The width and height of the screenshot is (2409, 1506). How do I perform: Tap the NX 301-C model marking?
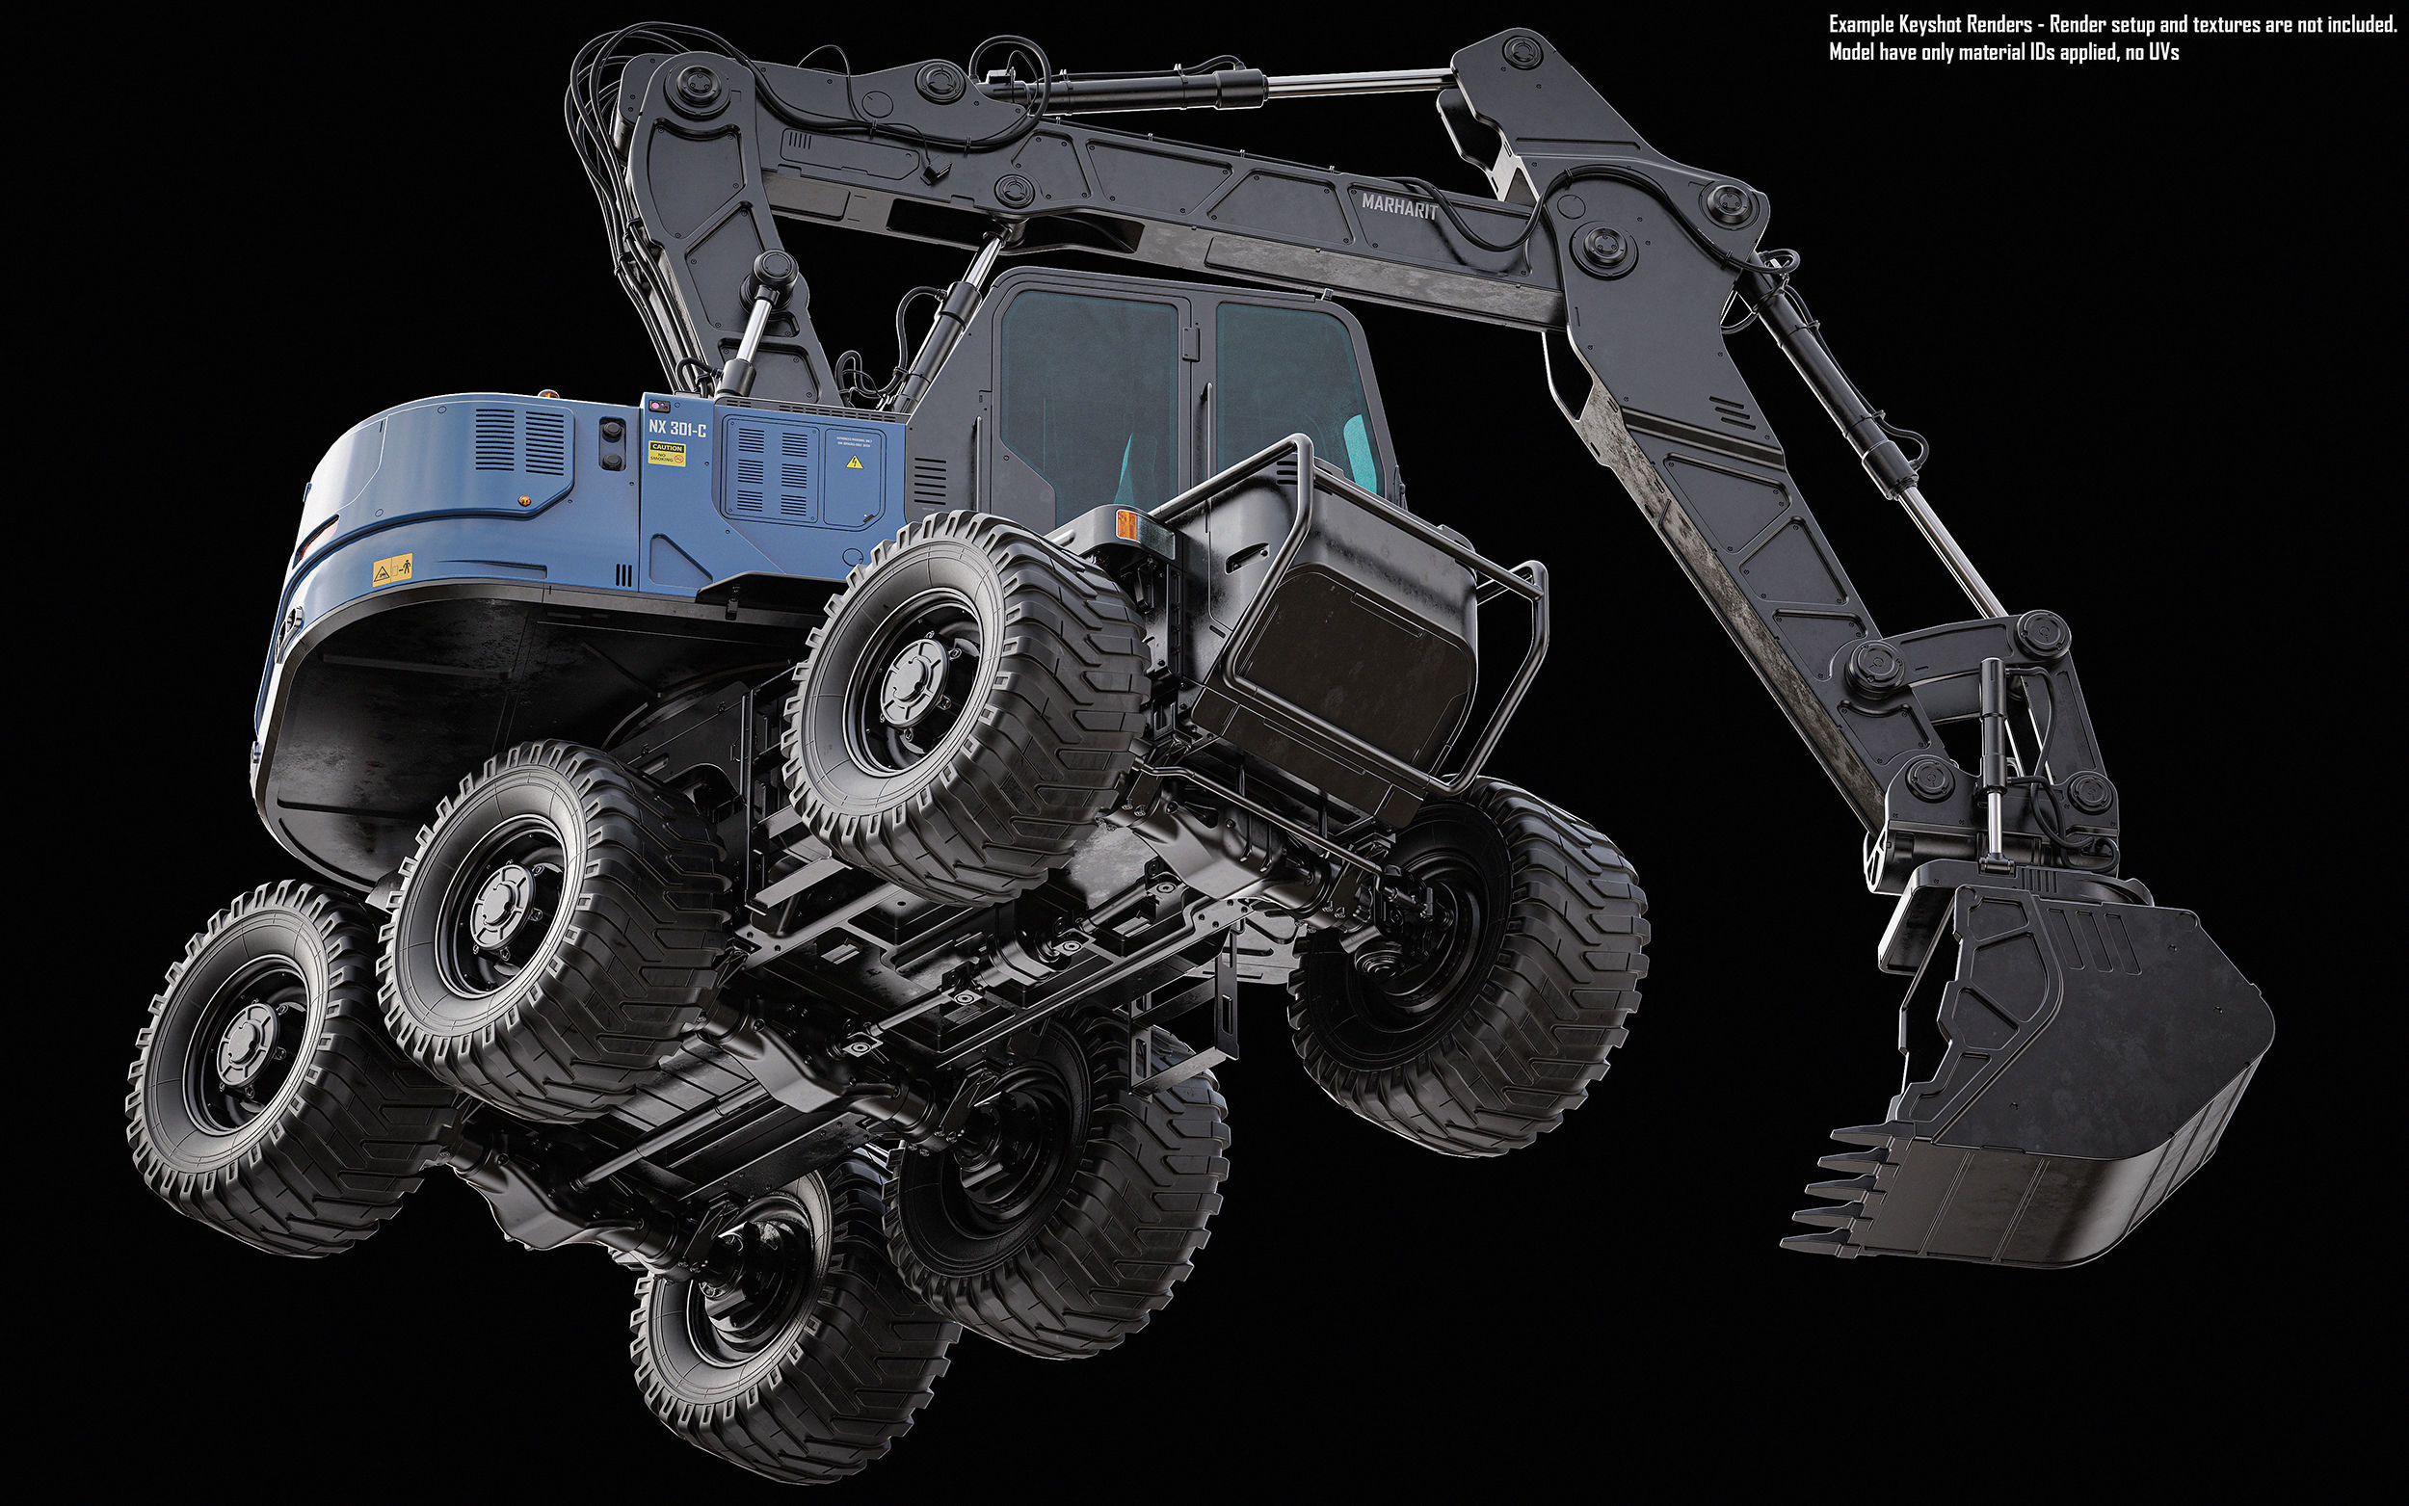point(677,430)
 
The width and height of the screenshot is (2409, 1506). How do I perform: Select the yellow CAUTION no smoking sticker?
point(666,453)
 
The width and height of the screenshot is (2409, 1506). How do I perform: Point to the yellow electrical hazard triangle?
point(853,463)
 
